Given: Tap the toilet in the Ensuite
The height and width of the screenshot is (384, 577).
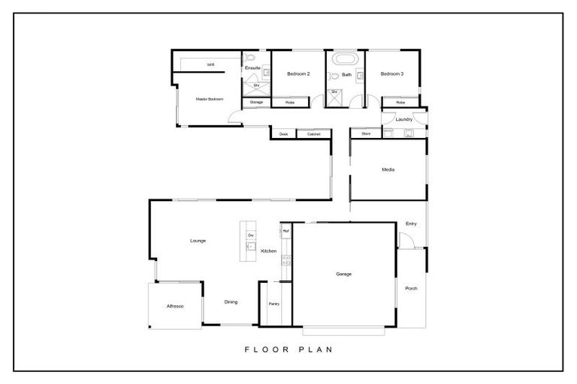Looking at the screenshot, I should point(251,58).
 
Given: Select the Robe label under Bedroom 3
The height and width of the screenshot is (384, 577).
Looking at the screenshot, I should point(400,102).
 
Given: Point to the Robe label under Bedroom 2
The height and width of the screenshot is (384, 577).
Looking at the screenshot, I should point(289,102).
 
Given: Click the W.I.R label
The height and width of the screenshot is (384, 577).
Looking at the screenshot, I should point(211,65).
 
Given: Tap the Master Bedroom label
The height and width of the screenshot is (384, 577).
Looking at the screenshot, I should point(210,99).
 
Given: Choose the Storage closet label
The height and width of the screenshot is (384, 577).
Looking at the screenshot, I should point(256,102).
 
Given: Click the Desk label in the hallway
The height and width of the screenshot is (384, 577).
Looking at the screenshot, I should point(283,134).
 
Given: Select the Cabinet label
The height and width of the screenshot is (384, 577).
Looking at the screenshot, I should point(313,134).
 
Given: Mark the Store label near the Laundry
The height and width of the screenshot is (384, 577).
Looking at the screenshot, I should point(366,133).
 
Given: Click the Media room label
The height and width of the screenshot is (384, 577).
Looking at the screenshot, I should point(388,169).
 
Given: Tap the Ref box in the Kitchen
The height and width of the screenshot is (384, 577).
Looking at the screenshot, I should point(285,231).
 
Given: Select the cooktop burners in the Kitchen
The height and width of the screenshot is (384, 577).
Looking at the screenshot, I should point(286,260).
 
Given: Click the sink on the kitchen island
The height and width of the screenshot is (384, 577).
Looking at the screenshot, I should point(251,247).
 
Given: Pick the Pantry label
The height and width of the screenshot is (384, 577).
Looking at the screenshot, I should point(274,304).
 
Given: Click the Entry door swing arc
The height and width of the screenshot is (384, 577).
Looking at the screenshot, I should point(406,240).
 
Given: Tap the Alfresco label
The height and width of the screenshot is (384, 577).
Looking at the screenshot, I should point(174,307).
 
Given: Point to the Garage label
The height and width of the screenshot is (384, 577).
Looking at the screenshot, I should point(343,274).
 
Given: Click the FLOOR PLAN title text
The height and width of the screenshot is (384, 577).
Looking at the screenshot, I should point(288,349).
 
